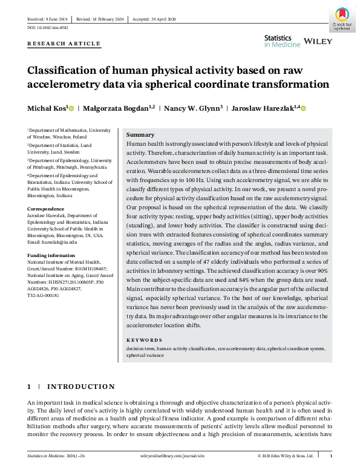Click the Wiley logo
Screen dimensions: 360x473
pos(317,41)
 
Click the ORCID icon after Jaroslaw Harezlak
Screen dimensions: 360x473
pos(304,108)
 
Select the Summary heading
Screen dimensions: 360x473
pos(140,135)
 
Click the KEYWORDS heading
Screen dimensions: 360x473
pos(145,341)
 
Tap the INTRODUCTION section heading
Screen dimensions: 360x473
pos(81,387)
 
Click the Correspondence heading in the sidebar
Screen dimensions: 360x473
pos(48,209)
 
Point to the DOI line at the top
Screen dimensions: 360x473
pos(48,28)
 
